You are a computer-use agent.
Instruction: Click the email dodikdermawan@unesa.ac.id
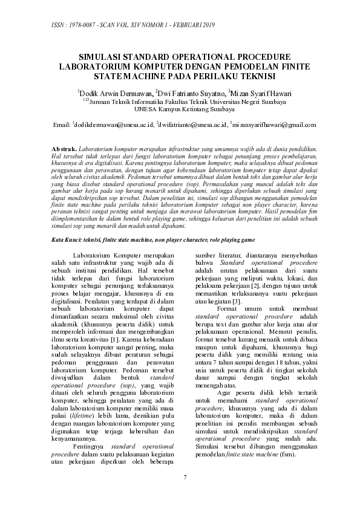(113, 125)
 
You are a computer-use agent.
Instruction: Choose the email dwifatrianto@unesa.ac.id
(191, 125)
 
